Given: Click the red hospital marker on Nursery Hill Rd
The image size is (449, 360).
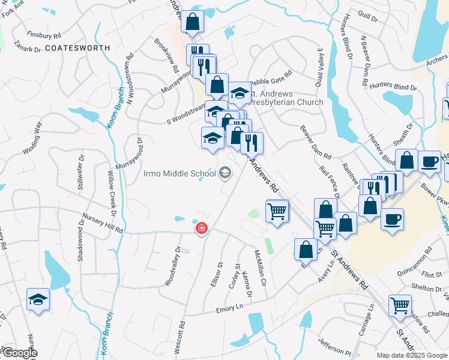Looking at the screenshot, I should point(202,229).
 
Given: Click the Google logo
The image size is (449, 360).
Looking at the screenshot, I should point(19,353).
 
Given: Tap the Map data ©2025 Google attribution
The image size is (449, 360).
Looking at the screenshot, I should point(412,355).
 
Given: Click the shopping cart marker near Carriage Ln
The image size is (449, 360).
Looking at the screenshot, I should point(400,305).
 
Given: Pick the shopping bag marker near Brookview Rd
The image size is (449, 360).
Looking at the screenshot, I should point(192,22).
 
